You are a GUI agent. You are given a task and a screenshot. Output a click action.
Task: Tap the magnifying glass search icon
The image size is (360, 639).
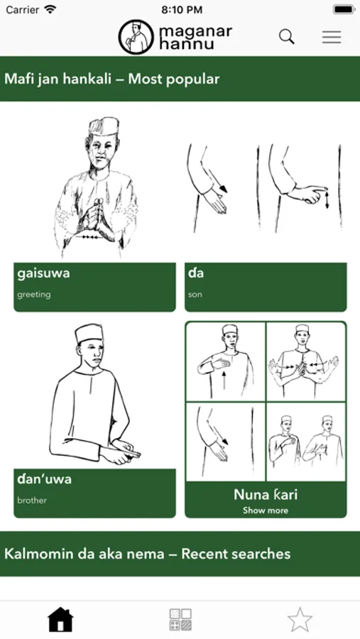pos(287,37)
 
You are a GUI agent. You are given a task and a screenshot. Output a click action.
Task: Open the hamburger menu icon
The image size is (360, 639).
pos(332,37)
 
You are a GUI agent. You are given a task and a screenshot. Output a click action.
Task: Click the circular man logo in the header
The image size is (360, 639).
pos(136,37)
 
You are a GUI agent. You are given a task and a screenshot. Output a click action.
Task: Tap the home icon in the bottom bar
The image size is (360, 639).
pos(60,619)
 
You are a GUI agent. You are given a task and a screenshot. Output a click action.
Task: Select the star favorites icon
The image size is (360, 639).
pos(300,619)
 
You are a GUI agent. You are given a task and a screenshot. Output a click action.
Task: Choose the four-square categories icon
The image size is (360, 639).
pos(180,619)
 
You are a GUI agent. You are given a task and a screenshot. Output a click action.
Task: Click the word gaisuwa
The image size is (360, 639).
pos(43,273)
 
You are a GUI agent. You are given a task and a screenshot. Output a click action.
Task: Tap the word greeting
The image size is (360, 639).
pos(34,294)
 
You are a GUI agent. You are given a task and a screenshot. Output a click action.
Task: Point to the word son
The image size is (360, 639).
pos(195,294)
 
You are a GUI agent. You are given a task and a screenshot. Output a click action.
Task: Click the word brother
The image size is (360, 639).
pos(32,500)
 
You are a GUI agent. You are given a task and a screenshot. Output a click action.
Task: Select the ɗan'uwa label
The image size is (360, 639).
pos(44,479)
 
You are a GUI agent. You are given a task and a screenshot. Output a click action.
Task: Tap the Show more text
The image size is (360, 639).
pos(266,510)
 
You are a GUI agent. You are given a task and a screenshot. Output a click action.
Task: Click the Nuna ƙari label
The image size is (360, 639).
pos(266,495)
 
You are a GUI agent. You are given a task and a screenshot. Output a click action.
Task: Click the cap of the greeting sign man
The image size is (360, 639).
pos(104,126)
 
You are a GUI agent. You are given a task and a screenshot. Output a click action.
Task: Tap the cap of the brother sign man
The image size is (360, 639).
pos(89,334)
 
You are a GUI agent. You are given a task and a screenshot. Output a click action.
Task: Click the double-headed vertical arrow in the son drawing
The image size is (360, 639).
pos(327,200)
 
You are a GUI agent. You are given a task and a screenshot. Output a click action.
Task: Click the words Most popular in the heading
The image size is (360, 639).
pos(174,79)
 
